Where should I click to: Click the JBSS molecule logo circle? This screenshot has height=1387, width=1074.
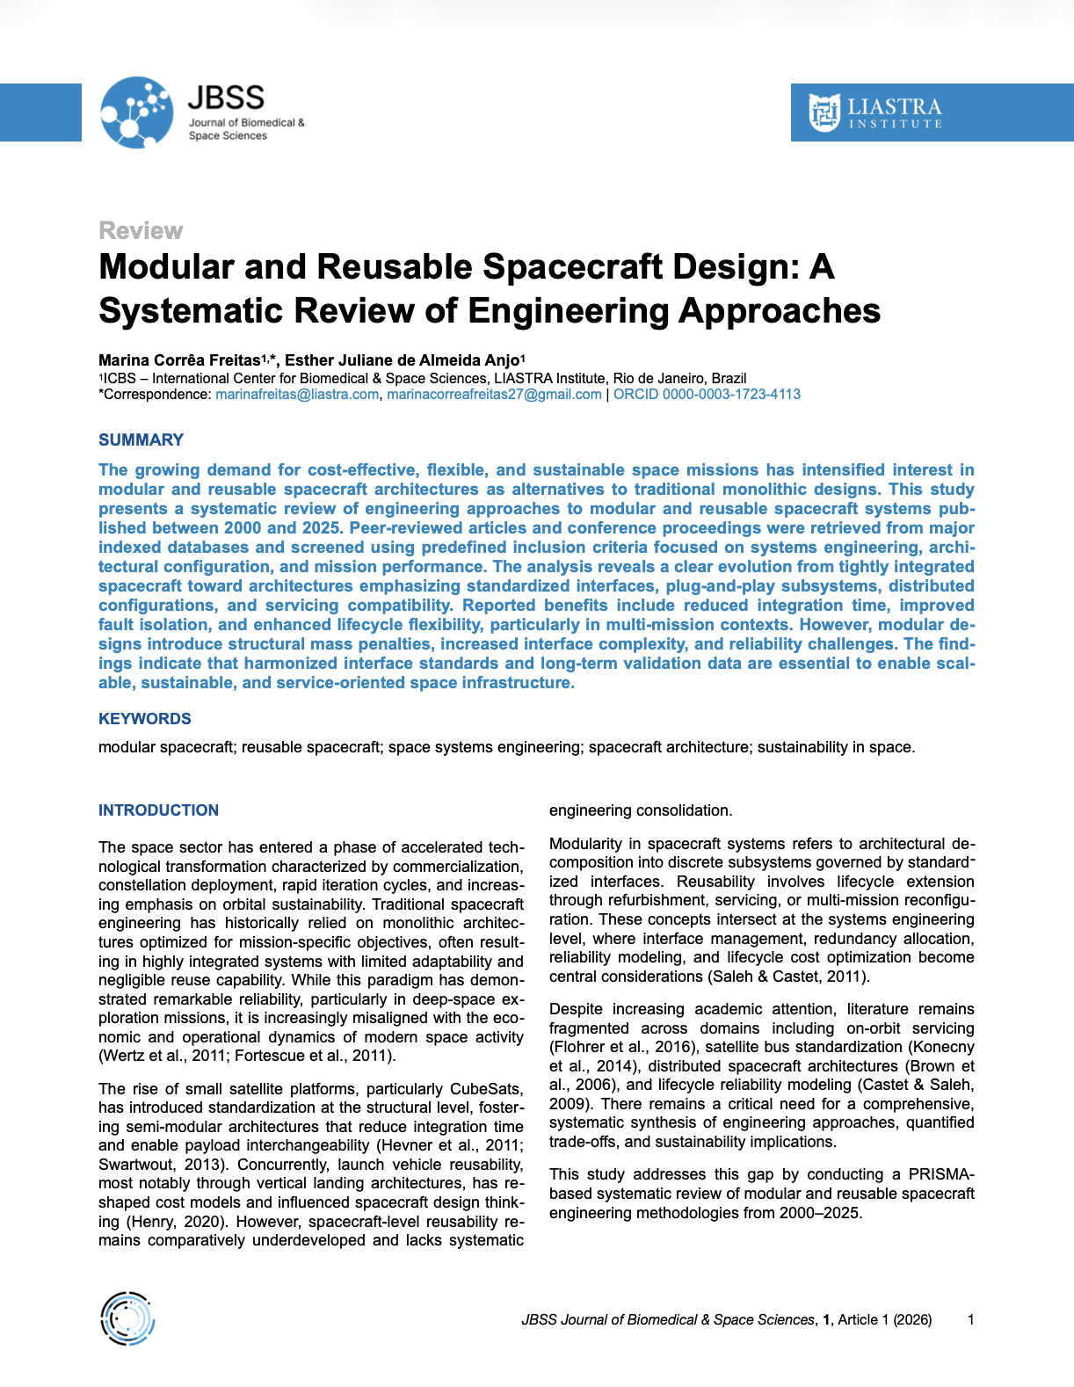136,113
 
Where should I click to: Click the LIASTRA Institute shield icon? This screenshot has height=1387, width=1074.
824,113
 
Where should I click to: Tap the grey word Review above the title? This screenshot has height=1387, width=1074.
141,230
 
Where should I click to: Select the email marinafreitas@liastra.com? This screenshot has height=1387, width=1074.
297,395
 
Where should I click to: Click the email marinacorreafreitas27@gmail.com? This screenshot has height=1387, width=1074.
494,395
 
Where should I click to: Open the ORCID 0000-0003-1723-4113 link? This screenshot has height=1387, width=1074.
707,395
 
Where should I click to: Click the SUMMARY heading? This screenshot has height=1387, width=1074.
141,439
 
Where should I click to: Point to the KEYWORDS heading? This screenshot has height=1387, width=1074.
144,719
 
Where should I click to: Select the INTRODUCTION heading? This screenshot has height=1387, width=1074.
158,810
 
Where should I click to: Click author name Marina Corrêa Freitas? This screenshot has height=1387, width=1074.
179,359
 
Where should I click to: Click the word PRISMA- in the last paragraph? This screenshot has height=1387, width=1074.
941,1174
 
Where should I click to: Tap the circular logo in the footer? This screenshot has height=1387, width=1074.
127,1318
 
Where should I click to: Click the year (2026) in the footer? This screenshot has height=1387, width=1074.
912,1319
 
